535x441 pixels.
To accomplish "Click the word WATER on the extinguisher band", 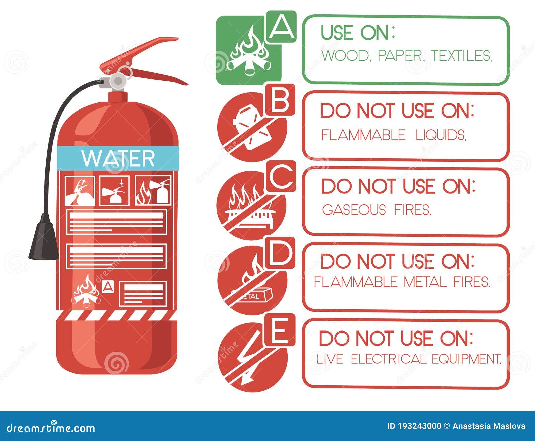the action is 118,158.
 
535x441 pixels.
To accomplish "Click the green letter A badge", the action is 281,26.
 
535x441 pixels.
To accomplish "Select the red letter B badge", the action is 280,100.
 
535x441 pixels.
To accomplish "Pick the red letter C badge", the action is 281,176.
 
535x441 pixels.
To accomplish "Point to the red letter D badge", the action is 280,253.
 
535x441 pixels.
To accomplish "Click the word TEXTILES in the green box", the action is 462,56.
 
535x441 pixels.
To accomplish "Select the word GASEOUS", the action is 354,210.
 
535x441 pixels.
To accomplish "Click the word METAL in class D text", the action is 425,282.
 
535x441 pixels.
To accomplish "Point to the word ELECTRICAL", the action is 388,359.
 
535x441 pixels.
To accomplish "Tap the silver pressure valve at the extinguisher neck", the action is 117,80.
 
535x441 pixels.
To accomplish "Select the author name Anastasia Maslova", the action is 489,426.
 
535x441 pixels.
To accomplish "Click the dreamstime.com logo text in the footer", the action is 50,428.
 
